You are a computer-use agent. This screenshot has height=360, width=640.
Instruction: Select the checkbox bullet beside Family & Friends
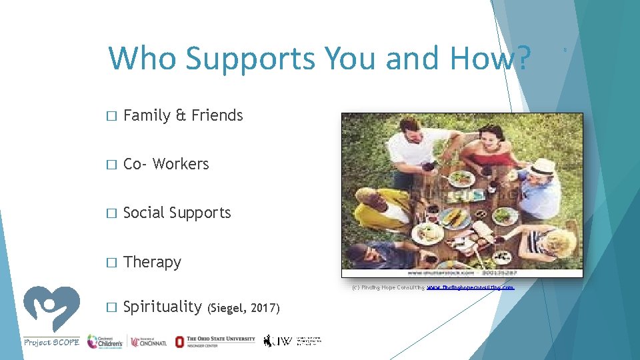coord(111,116)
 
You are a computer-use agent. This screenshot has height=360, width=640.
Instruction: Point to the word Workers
coord(181,164)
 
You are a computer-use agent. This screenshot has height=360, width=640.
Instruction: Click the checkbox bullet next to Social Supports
coord(111,213)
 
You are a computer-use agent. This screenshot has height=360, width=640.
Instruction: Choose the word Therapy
coord(153,262)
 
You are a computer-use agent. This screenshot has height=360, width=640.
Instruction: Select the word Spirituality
coord(163,307)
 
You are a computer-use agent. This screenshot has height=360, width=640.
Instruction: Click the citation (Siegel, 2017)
coord(244,308)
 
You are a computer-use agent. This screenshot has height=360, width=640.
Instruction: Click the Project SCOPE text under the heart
coord(51,342)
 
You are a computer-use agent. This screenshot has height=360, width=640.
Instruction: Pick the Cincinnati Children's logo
coord(105,341)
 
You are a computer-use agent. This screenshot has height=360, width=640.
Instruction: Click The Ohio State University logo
coord(215,341)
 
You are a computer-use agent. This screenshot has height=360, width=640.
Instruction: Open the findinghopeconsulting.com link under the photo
coord(470,287)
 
